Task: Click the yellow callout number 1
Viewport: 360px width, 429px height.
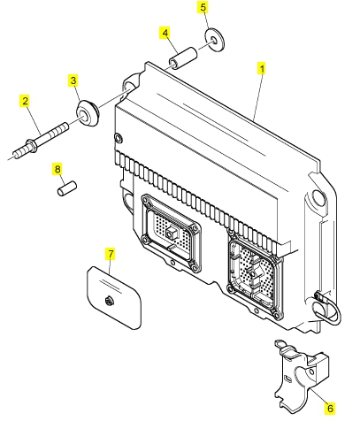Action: [262, 69]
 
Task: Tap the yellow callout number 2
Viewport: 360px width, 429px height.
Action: [26, 101]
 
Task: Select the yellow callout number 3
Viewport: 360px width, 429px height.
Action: [73, 80]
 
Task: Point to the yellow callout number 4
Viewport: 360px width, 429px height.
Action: [165, 33]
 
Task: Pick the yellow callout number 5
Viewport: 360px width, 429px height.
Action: [203, 7]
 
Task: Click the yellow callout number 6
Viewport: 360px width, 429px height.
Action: [330, 409]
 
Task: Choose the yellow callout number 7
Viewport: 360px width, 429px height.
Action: [111, 254]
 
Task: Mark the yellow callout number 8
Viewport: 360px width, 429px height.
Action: [57, 169]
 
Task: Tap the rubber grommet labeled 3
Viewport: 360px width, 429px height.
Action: [87, 113]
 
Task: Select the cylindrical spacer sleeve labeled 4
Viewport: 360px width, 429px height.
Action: [183, 58]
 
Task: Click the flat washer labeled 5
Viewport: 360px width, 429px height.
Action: [214, 39]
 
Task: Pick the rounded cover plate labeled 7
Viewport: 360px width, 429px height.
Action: [114, 297]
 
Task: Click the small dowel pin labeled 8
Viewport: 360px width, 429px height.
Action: [67, 188]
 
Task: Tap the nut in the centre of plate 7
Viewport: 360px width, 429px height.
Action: [109, 300]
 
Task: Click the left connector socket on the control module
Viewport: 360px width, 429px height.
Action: [171, 233]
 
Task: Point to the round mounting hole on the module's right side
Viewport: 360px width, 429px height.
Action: [318, 196]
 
